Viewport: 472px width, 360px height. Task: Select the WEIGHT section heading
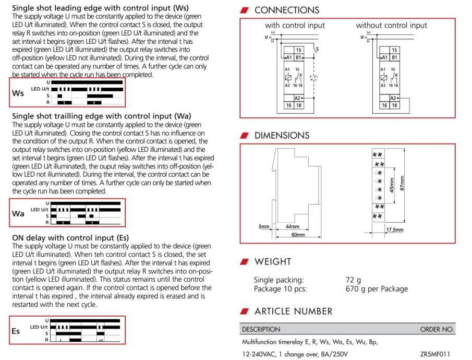click(273, 261)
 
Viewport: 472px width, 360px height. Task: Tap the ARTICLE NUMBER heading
click(293, 311)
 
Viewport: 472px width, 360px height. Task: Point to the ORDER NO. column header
click(437, 329)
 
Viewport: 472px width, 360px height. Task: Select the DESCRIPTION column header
click(260, 329)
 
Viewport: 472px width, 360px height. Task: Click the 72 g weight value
click(354, 280)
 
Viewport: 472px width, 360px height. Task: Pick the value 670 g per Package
click(377, 289)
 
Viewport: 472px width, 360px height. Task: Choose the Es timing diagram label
click(17, 330)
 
